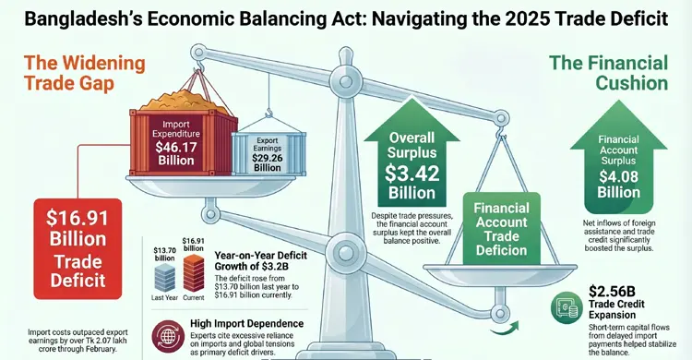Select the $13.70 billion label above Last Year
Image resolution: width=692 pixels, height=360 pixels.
click(165, 253)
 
